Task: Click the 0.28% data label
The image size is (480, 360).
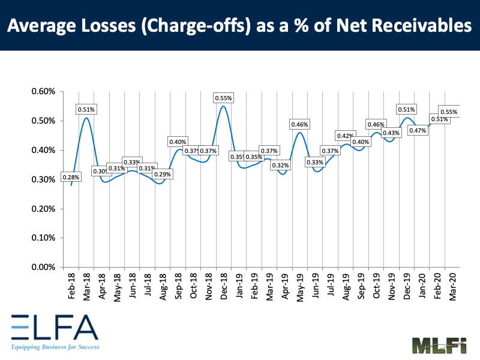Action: (x=71, y=178)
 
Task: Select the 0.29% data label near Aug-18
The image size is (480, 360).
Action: (x=162, y=175)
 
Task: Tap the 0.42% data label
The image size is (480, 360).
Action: (x=345, y=136)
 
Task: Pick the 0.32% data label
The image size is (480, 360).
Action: (x=280, y=166)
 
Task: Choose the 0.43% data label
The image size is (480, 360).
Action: (x=391, y=133)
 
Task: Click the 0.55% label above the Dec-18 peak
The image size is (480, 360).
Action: (x=224, y=98)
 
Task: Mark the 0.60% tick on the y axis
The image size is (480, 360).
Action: (x=43, y=92)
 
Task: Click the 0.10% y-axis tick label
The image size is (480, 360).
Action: (x=43, y=238)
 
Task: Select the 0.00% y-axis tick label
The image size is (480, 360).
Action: (x=43, y=268)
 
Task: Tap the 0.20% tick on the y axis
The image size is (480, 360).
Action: (x=43, y=209)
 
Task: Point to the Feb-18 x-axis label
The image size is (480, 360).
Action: (x=71, y=285)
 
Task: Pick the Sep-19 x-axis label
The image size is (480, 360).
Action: (x=361, y=285)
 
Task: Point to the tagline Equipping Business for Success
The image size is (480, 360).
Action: (x=54, y=347)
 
